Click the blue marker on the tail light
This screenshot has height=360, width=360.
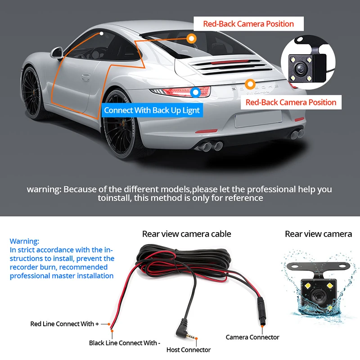coord(195,93)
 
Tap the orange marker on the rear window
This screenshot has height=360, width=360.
coord(192,39)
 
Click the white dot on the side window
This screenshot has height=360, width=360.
coord(102,33)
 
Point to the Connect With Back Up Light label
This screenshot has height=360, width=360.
coord(152,110)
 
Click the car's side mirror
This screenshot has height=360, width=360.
coord(58,54)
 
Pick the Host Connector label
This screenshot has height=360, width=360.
coord(189,350)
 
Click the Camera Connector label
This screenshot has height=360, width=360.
coord(252,337)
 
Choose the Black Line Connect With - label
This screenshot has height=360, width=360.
coord(124,343)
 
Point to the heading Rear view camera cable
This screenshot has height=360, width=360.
coord(186,234)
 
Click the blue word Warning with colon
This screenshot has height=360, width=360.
coord(24,241)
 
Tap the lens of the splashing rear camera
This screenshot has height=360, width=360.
coord(316,297)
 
